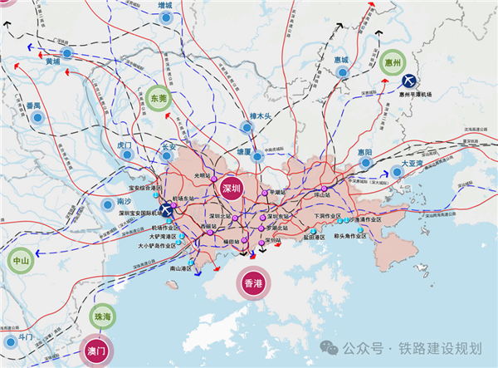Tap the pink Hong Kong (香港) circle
click(253, 284)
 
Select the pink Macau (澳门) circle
click(97, 351)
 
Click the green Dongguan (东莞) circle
click(157, 98)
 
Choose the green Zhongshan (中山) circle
click(20, 261)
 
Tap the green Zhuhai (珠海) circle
click(103, 317)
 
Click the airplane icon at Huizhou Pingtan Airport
click(409, 81)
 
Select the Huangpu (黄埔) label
click(53, 61)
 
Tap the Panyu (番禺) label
click(33, 106)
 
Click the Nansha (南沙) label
click(124, 202)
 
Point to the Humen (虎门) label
click(125, 145)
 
